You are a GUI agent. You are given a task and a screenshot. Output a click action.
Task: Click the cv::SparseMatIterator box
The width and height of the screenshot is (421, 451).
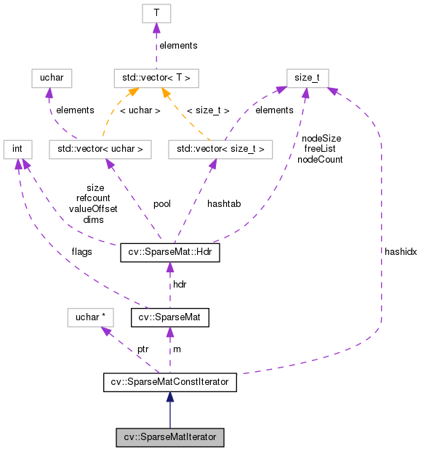[170, 438]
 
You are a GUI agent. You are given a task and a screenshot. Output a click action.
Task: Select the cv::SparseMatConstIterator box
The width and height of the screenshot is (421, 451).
[170, 380]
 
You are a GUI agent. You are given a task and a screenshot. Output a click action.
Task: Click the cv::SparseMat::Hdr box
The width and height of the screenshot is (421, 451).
[169, 253]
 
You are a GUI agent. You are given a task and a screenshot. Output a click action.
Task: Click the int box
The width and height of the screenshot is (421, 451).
[17, 150]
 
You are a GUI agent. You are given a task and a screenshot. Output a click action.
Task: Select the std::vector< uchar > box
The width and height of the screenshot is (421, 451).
[100, 150]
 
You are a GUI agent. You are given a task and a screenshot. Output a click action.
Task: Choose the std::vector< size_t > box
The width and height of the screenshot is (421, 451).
[220, 150]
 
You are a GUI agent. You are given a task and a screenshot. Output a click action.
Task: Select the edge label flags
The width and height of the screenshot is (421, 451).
[81, 253]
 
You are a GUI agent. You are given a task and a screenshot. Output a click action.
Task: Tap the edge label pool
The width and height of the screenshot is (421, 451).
[162, 204]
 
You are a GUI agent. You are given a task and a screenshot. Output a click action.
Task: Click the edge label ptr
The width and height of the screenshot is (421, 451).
[143, 349]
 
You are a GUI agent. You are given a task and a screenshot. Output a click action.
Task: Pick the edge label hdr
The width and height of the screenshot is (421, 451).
[180, 284]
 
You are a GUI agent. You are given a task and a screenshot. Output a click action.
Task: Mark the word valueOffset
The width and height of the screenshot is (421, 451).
[93, 208]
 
